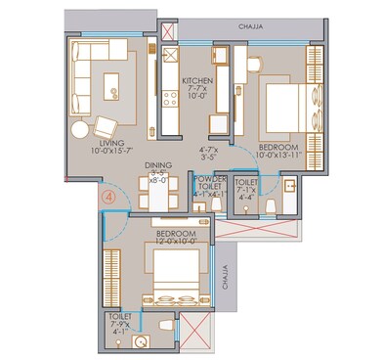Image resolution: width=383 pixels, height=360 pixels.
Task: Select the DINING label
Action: (158, 165)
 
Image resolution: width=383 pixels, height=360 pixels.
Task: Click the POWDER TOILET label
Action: (211, 183)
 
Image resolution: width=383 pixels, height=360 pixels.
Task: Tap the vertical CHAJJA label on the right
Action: (225, 284)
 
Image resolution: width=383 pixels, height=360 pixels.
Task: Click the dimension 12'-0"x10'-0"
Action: (176, 244)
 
